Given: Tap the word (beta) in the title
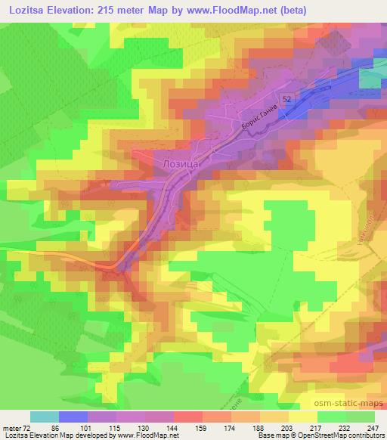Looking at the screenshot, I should pos(297,9).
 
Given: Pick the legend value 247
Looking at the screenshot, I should pos(373,428).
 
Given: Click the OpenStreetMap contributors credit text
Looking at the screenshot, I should pos(345,436).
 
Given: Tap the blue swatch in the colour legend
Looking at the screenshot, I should pos(73,417).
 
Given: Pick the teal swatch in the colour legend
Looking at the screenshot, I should pos(45,417).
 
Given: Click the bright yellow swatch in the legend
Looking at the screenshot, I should pos(302,417).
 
